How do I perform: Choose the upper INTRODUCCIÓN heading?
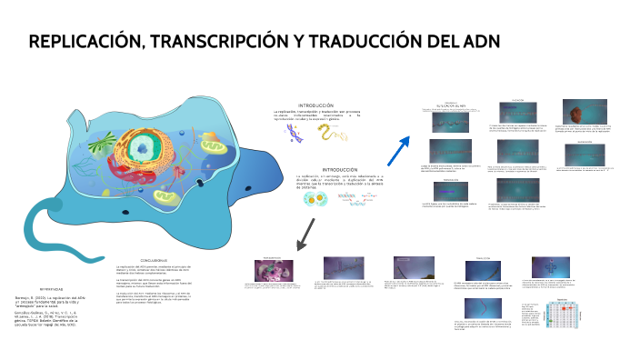[315, 106]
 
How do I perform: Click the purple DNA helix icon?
[295, 135]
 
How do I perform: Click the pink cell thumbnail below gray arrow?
[271, 270]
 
